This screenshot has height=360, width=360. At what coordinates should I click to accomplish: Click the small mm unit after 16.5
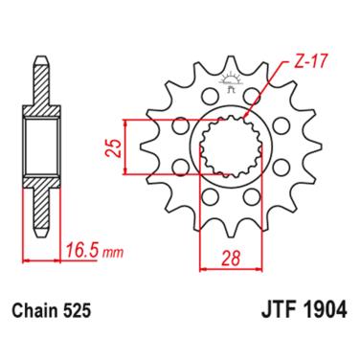(x=113, y=255)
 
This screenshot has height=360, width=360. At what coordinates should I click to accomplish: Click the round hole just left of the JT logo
(x=208, y=98)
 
